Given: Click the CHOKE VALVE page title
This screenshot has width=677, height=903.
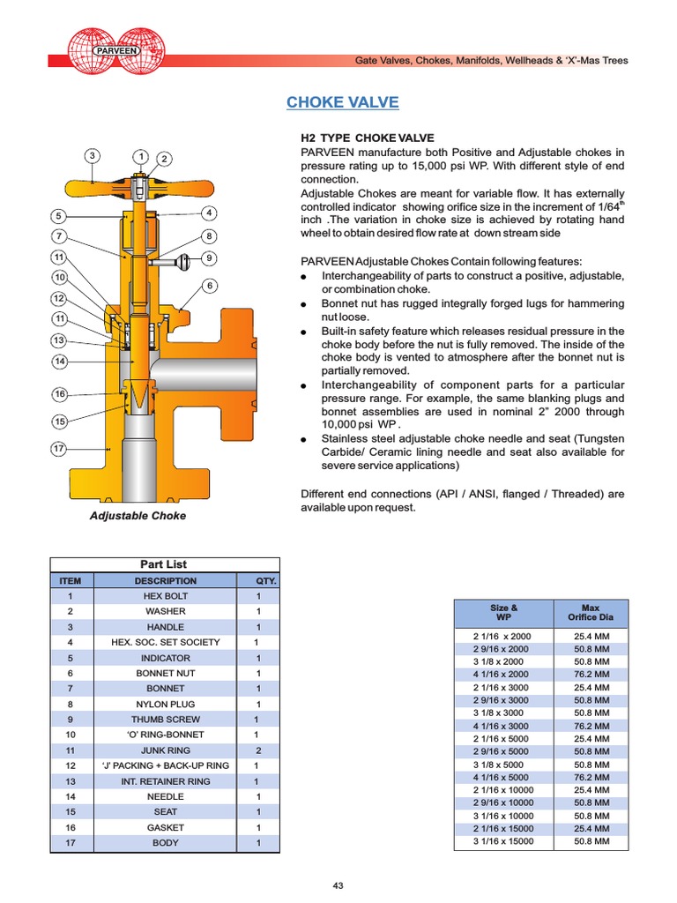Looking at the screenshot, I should [x=342, y=103].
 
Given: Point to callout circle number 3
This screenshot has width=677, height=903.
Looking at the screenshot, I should [x=92, y=156].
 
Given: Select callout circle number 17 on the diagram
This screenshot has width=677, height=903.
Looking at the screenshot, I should [x=59, y=449].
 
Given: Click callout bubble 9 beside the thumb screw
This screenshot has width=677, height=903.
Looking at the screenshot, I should [x=209, y=258].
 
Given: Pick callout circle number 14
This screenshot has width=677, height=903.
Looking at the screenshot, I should [x=59, y=362].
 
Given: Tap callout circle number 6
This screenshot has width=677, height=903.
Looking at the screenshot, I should [x=209, y=286].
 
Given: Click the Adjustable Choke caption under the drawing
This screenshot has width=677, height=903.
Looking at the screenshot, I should [x=138, y=516].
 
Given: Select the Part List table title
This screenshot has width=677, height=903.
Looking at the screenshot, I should [x=164, y=564].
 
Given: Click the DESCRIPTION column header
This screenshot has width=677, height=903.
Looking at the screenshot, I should [x=165, y=581].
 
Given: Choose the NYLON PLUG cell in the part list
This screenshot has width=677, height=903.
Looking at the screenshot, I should [x=165, y=705].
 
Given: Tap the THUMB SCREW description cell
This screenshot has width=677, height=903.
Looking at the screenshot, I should [x=165, y=720].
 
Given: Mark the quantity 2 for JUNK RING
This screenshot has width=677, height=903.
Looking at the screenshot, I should [x=258, y=750].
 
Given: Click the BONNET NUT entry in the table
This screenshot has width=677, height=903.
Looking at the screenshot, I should [x=165, y=673].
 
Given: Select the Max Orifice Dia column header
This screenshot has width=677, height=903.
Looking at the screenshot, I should [x=591, y=613].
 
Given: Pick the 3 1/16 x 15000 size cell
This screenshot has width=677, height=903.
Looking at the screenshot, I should [x=503, y=842].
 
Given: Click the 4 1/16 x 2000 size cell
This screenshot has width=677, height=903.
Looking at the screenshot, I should [x=503, y=674].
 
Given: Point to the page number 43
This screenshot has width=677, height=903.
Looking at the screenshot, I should [x=338, y=885].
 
